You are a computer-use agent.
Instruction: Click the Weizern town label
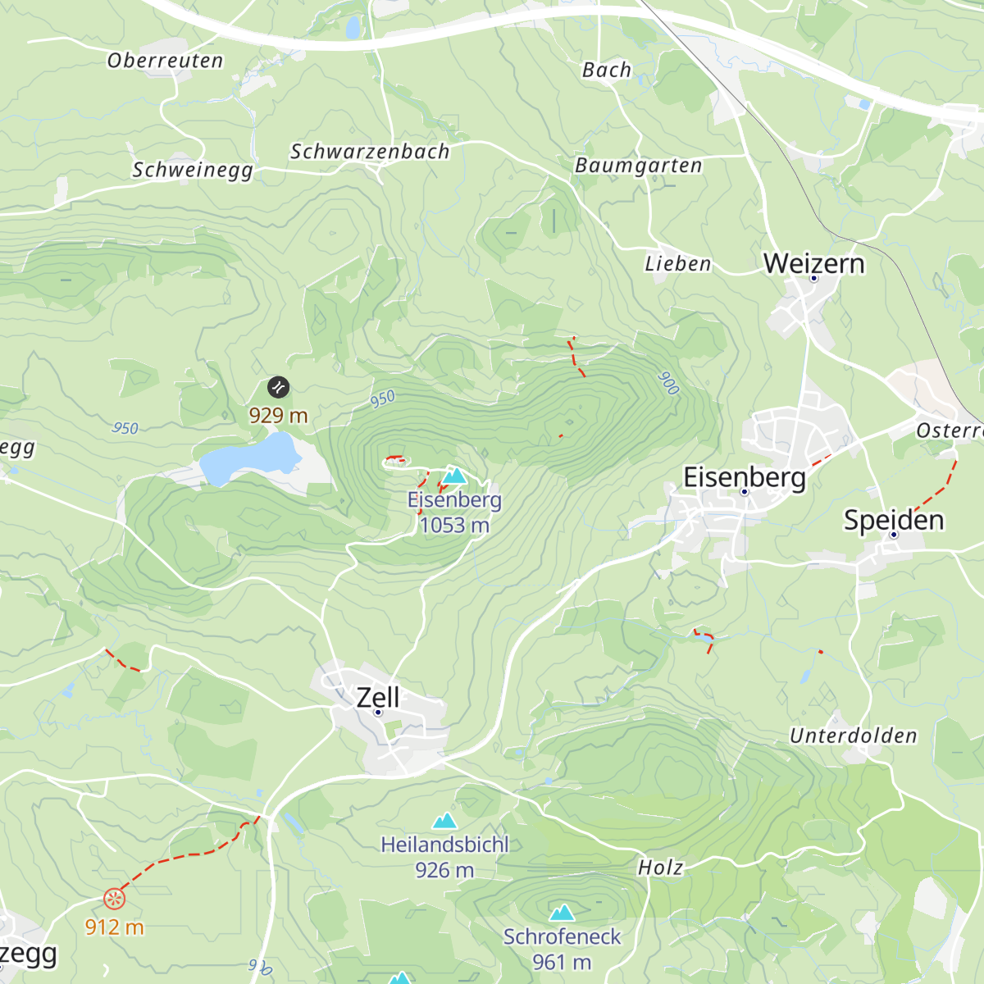[813, 263]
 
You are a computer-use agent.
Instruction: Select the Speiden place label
[894, 520]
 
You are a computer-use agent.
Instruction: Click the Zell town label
[378, 697]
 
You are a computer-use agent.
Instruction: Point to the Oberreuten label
[165, 61]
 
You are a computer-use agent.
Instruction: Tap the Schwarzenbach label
[370, 152]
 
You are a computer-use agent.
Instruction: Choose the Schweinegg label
[193, 170]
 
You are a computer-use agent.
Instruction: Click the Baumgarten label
[638, 166]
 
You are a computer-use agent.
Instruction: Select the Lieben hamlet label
[677, 264]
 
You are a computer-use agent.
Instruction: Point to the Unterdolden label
[853, 736]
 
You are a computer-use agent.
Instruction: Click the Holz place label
[660, 868]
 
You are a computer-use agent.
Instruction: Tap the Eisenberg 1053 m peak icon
[454, 476]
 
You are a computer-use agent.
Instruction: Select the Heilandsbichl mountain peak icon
[444, 820]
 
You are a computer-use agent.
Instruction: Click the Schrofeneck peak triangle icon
[562, 912]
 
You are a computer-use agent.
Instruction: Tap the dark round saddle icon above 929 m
[278, 387]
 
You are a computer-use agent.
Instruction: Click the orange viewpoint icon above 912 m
[115, 900]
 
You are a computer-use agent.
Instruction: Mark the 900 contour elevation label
[668, 383]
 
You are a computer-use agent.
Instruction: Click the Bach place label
[607, 71]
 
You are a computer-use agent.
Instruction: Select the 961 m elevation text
[562, 962]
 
